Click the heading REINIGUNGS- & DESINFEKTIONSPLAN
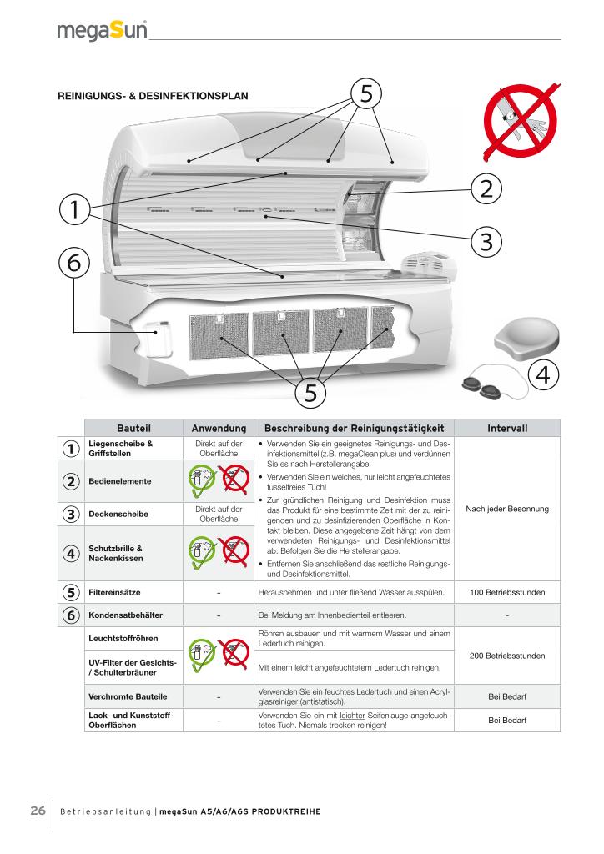click(x=153, y=96)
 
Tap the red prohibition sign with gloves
click(x=517, y=123)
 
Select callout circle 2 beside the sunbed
click(x=486, y=188)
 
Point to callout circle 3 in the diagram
click(x=486, y=241)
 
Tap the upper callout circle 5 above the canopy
click(x=365, y=93)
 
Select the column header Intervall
click(x=507, y=428)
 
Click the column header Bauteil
click(x=133, y=428)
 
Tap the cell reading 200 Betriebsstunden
click(x=507, y=656)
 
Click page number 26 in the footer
click(x=38, y=811)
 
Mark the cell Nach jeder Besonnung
click(x=507, y=510)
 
